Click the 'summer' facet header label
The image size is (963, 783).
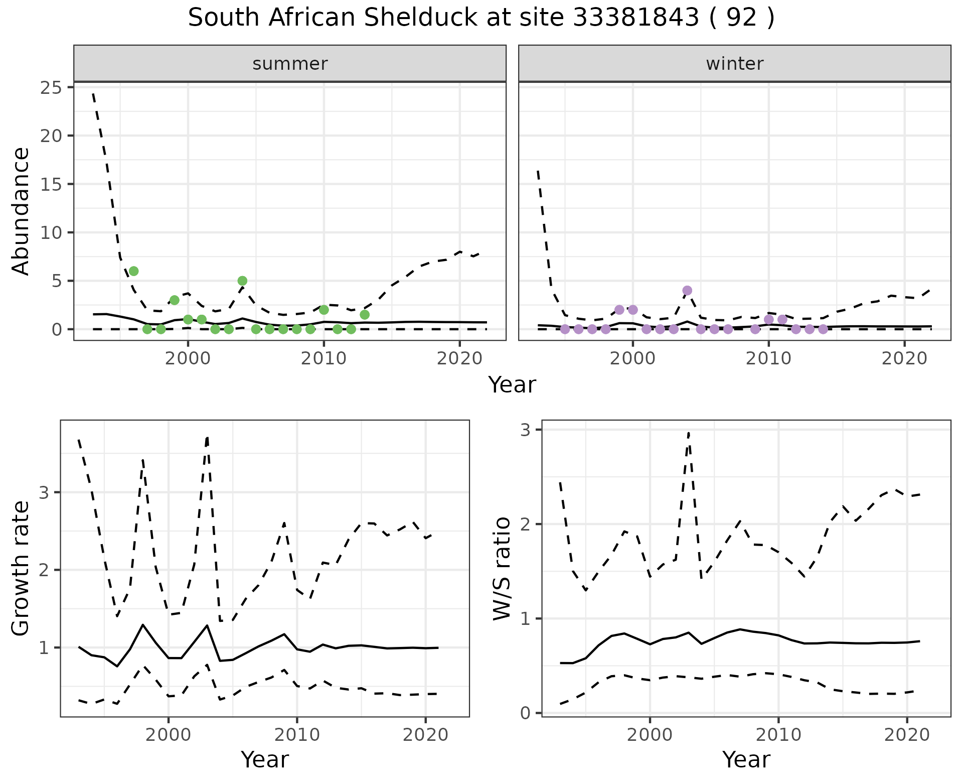click(x=290, y=64)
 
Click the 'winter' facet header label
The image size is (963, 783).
click(x=734, y=64)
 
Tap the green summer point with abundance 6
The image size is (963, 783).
click(x=133, y=271)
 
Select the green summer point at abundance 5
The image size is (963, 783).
click(x=242, y=281)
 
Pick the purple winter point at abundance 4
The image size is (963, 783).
click(x=687, y=291)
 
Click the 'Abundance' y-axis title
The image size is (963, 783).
click(x=21, y=211)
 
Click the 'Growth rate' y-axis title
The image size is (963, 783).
click(x=21, y=568)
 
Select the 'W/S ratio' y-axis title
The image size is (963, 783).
click(x=502, y=568)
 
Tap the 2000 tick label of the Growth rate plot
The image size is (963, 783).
click(x=168, y=735)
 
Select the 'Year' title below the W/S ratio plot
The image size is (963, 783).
click(x=746, y=759)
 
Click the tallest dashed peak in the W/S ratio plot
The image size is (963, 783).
click(x=689, y=432)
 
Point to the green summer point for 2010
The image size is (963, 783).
click(x=324, y=310)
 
